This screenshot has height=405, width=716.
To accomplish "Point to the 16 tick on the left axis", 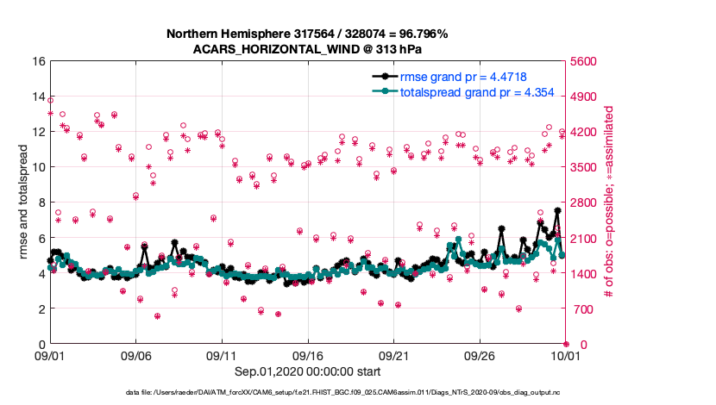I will pos(37,61).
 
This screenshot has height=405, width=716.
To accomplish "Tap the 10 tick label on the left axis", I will pos(37,167).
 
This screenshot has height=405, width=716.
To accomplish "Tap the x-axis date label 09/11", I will pos(222,355).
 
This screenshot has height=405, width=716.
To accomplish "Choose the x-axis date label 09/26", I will pos(480,355).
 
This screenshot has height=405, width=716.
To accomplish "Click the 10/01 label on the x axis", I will pos(566,355).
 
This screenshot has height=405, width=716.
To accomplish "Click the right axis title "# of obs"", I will pos(609,202).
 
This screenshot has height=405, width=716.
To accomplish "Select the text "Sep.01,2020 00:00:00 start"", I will pos(307,371).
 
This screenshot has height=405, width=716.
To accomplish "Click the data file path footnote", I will pos(358,393).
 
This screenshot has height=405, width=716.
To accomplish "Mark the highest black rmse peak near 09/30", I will pos(558,210).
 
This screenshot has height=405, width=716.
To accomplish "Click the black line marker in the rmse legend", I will pos(385,77).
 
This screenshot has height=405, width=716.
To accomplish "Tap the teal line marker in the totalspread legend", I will pos(385,91).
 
